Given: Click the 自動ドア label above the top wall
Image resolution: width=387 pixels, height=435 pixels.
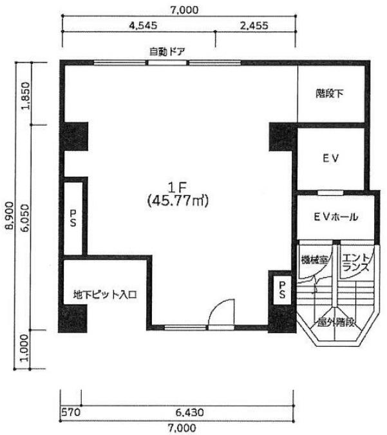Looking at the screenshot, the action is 167,52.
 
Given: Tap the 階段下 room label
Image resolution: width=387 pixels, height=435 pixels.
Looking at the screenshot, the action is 330,93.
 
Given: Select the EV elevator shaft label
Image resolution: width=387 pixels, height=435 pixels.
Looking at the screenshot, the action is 331,159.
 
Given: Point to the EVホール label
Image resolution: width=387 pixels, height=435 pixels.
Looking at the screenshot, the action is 336,217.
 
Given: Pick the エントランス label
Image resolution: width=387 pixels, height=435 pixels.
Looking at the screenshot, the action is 356,263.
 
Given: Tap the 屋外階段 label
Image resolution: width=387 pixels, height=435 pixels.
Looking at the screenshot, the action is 336,322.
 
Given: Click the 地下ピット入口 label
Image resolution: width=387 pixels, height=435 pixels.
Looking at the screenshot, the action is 105,295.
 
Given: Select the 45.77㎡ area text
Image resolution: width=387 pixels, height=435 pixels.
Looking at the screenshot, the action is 178,201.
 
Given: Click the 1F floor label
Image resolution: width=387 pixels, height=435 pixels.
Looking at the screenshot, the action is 178,188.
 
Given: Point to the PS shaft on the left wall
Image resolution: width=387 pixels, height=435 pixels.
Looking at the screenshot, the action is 73,218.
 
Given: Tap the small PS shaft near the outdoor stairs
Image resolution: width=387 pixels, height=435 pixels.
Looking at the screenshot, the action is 282,290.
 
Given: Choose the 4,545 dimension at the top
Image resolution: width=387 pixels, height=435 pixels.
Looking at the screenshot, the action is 143,26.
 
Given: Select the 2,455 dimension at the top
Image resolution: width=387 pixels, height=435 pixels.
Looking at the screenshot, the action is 254,26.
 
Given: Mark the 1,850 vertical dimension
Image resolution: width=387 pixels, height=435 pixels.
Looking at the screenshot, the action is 26,96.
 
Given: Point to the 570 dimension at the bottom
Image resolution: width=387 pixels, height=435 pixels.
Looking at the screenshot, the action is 71,412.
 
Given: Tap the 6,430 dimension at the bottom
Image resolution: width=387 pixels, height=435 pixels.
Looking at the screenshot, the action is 189,412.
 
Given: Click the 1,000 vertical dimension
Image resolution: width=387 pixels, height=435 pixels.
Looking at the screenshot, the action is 25,347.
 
